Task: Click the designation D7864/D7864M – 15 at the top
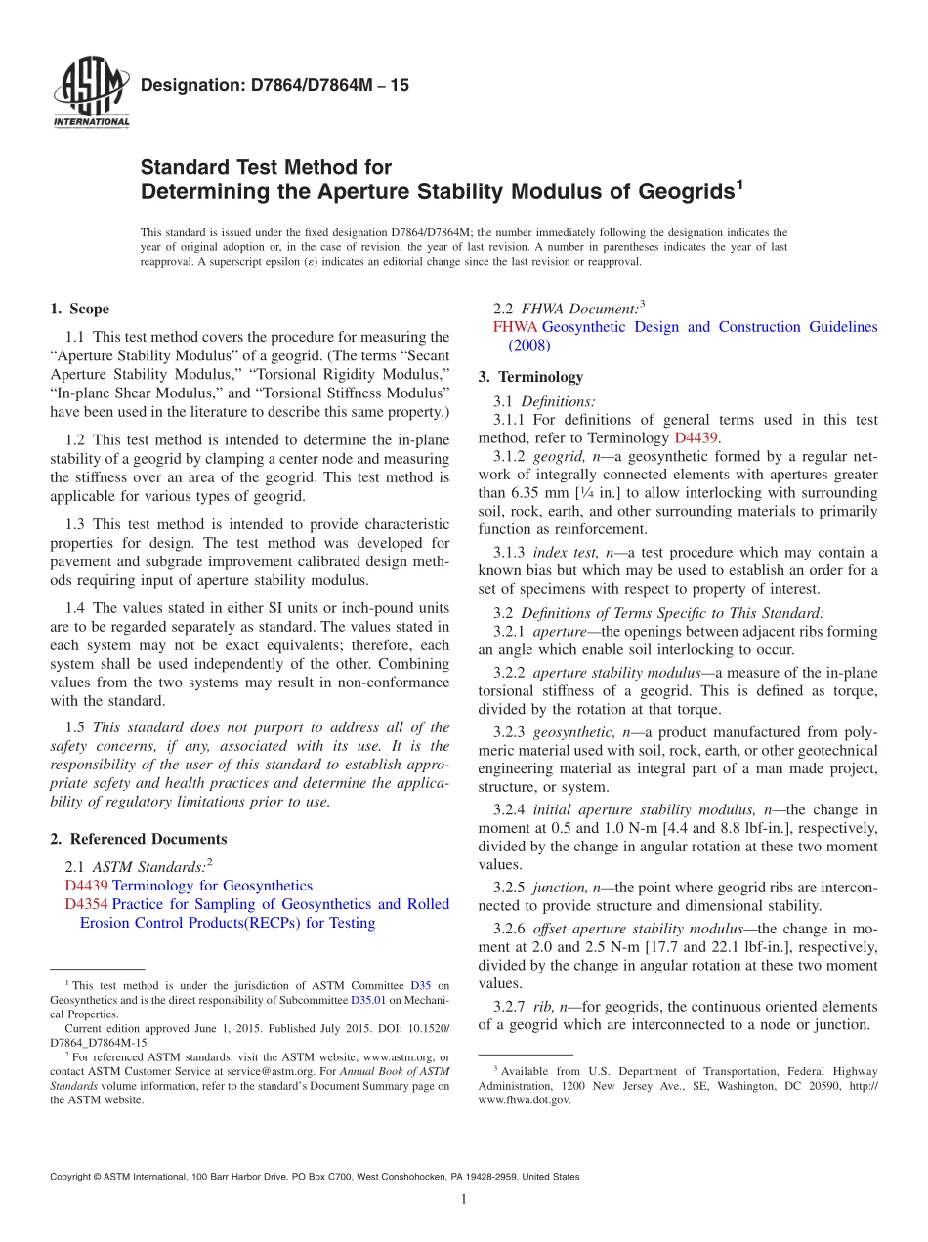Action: pyautogui.click(x=274, y=86)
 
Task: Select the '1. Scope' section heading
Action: pyautogui.click(x=79, y=310)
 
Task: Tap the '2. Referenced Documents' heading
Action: pyautogui.click(x=138, y=839)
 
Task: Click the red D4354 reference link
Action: pyautogui.click(x=85, y=904)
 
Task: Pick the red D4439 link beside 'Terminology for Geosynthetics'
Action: pyautogui.click(x=85, y=886)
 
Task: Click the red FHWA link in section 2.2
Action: pyautogui.click(x=515, y=327)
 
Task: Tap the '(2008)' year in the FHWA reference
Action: pyautogui.click(x=529, y=345)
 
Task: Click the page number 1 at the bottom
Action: pyautogui.click(x=463, y=1199)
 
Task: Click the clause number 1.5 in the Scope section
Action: pyautogui.click(x=75, y=727)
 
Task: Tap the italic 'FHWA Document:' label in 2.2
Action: pyautogui.click(x=579, y=309)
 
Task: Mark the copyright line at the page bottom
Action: pyautogui.click(x=314, y=1177)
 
